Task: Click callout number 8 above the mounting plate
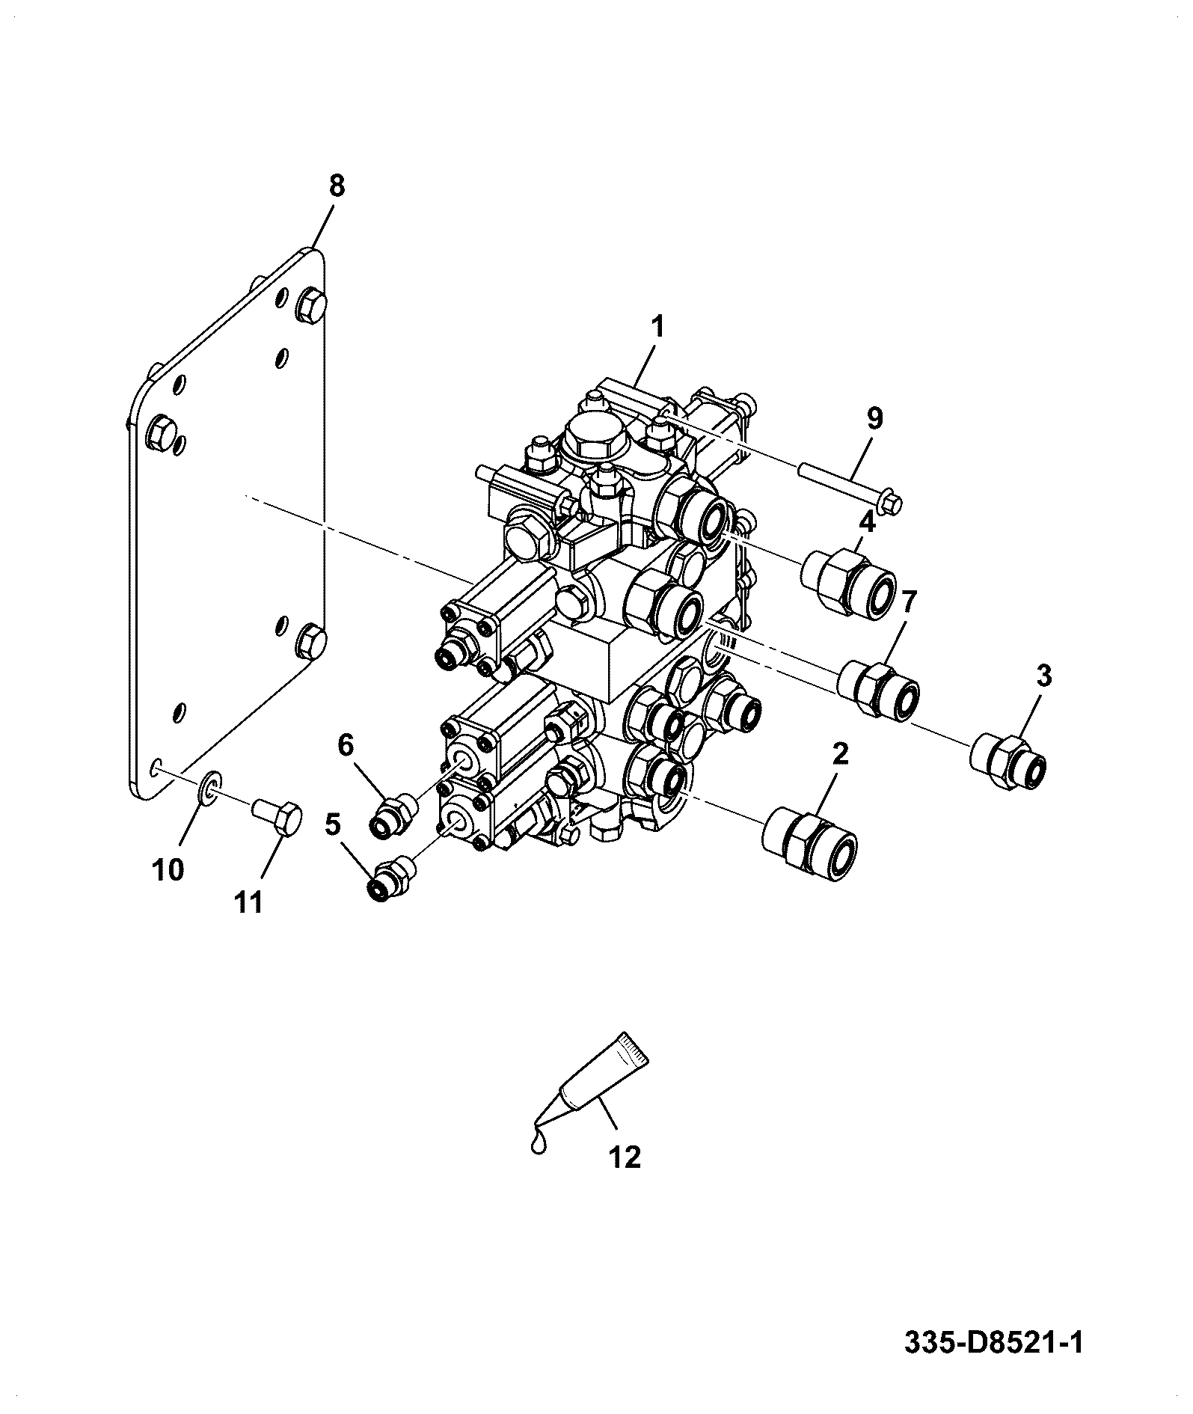337,186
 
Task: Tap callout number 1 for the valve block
657,327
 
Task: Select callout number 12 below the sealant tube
625,1157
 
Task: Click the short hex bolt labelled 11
277,815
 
